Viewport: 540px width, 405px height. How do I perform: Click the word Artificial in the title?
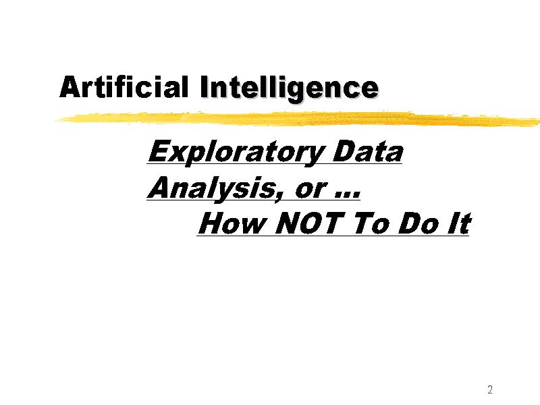point(124,87)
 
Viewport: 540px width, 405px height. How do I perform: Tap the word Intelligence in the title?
point(289,89)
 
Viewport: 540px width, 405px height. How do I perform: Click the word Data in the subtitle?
point(367,152)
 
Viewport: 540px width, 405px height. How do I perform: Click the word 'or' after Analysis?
point(310,190)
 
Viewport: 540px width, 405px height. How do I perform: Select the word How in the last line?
point(232,223)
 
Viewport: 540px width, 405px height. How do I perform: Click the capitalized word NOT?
point(309,223)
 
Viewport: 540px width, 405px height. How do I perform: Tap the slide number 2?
point(490,389)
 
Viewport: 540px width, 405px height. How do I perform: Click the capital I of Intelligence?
point(205,87)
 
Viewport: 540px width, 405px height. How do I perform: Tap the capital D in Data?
point(344,151)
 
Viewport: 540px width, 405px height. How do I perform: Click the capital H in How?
point(212,223)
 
